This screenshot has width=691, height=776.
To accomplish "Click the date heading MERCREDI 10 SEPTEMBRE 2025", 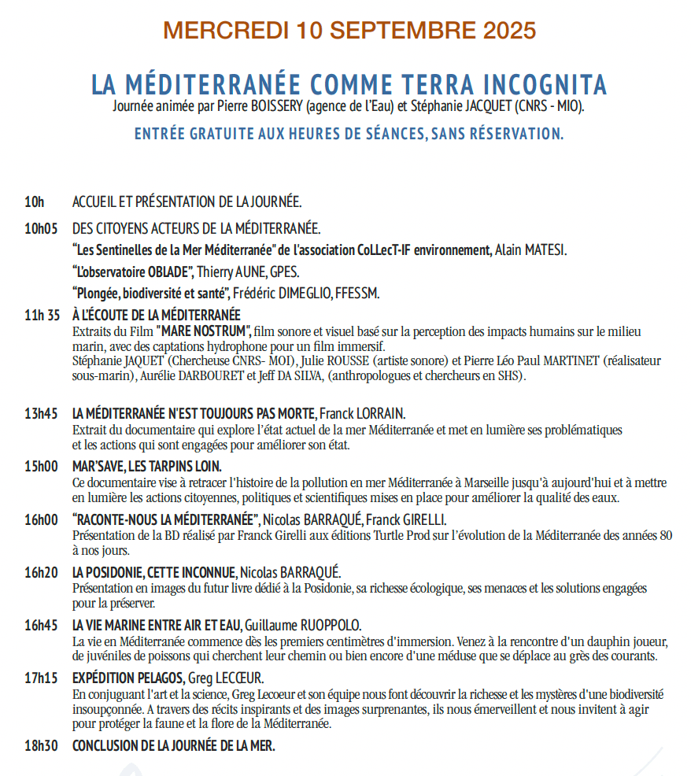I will (x=349, y=31).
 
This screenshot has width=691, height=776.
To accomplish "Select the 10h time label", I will (x=35, y=202).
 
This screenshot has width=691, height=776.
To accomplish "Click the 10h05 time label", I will (x=42, y=229).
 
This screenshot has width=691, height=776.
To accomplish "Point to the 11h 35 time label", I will (x=42, y=316).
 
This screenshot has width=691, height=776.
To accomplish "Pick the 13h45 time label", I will (x=42, y=413).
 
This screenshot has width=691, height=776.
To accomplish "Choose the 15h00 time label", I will (x=42, y=466).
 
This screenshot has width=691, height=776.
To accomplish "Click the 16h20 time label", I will (x=42, y=571).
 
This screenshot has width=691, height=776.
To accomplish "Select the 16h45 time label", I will (x=42, y=625).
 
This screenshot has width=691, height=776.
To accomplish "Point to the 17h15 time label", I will (x=42, y=678).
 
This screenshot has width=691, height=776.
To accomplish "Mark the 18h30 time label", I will (x=42, y=745).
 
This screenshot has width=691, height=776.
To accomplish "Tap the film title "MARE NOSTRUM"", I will (x=203, y=331).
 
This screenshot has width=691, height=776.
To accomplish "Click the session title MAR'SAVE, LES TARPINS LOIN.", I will (x=146, y=466).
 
